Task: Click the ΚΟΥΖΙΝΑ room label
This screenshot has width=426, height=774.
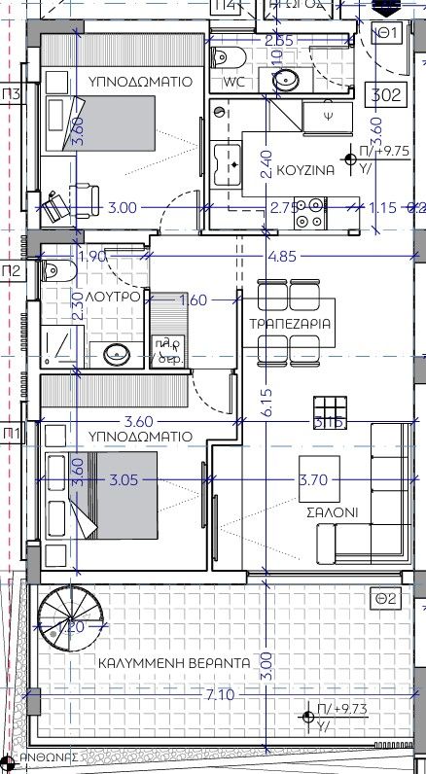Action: [305, 169]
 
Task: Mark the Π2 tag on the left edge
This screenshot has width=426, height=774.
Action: [12, 269]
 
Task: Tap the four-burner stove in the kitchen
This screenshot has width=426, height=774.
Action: [312, 214]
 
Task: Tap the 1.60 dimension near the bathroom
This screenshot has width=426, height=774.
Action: [194, 300]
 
